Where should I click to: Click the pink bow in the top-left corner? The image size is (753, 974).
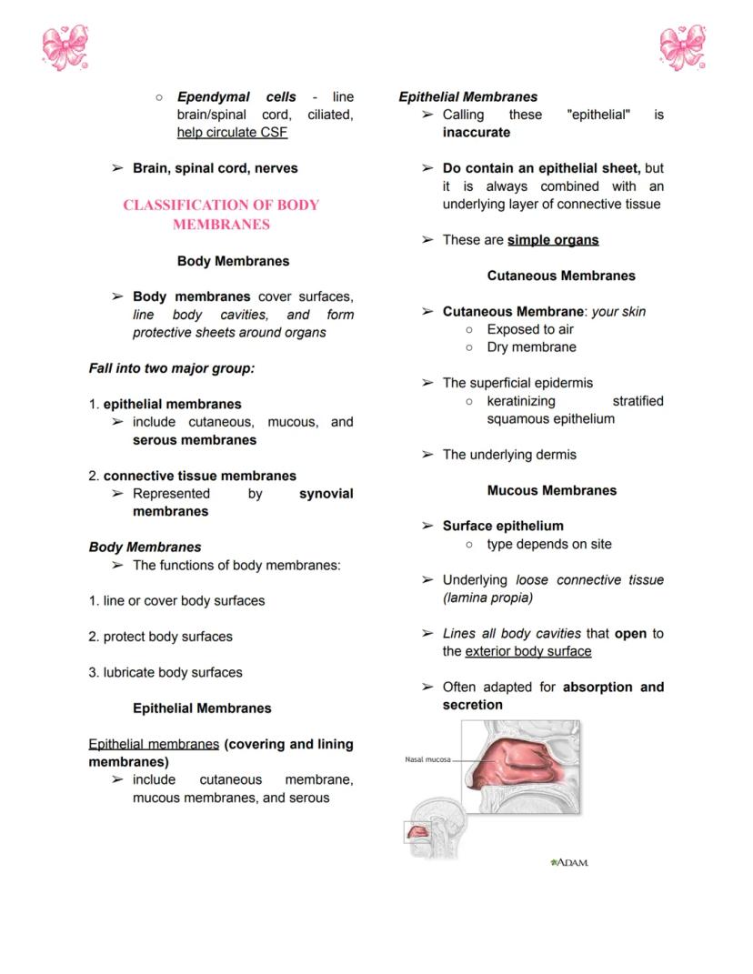pos(65,47)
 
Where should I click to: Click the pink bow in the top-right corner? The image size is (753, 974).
pos(684,47)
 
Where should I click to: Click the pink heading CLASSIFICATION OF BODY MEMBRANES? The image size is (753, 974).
pos(221,215)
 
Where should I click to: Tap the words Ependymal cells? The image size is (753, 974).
pos(236,97)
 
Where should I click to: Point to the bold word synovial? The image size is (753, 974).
pos(326,494)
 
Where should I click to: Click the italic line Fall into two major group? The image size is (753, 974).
pos(171,368)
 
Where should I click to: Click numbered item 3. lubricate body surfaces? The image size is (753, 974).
pos(166,673)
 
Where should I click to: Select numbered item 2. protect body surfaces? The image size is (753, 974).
pos(160,637)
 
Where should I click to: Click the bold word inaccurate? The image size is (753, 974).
pos(477,133)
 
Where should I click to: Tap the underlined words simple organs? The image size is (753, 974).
pos(553,240)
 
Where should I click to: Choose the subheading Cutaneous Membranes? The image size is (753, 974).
pos(561,276)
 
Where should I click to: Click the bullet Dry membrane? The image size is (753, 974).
pos(531,347)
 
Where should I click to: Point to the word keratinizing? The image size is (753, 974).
pos(521,401)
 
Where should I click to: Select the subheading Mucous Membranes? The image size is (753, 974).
pos(552,490)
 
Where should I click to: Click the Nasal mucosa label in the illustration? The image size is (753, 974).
pos(427,758)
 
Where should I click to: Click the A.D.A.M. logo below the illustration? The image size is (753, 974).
pos(570,861)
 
